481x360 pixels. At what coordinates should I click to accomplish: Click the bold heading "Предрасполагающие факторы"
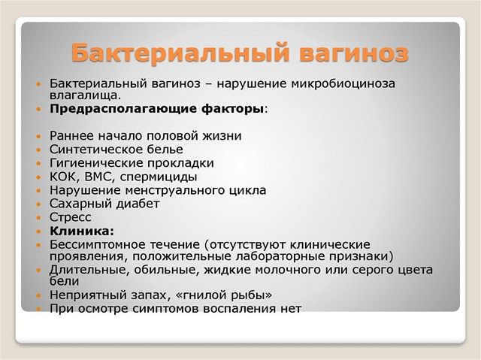pos(157,109)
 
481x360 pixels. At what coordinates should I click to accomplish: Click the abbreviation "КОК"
pos(65,177)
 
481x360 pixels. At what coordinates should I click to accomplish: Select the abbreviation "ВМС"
pos(100,177)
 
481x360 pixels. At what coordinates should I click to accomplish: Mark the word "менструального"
pos(179,190)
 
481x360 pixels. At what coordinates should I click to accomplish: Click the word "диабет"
pos(136,204)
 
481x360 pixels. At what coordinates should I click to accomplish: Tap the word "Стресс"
pos(71,217)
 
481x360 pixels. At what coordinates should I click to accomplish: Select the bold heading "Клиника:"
pos(82,231)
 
